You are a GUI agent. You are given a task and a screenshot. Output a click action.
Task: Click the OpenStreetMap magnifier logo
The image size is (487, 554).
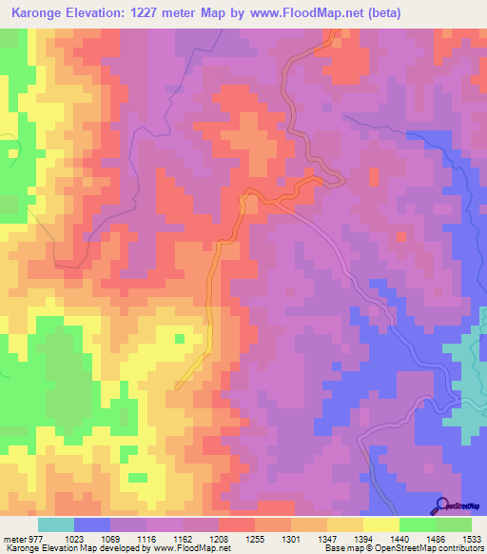[x=444, y=505]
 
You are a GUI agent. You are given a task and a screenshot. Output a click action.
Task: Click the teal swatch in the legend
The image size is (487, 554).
[x=56, y=524]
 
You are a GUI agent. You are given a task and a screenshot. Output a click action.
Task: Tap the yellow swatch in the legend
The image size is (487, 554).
[x=381, y=524]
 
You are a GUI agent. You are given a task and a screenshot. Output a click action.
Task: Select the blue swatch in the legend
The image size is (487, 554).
[x=92, y=524]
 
